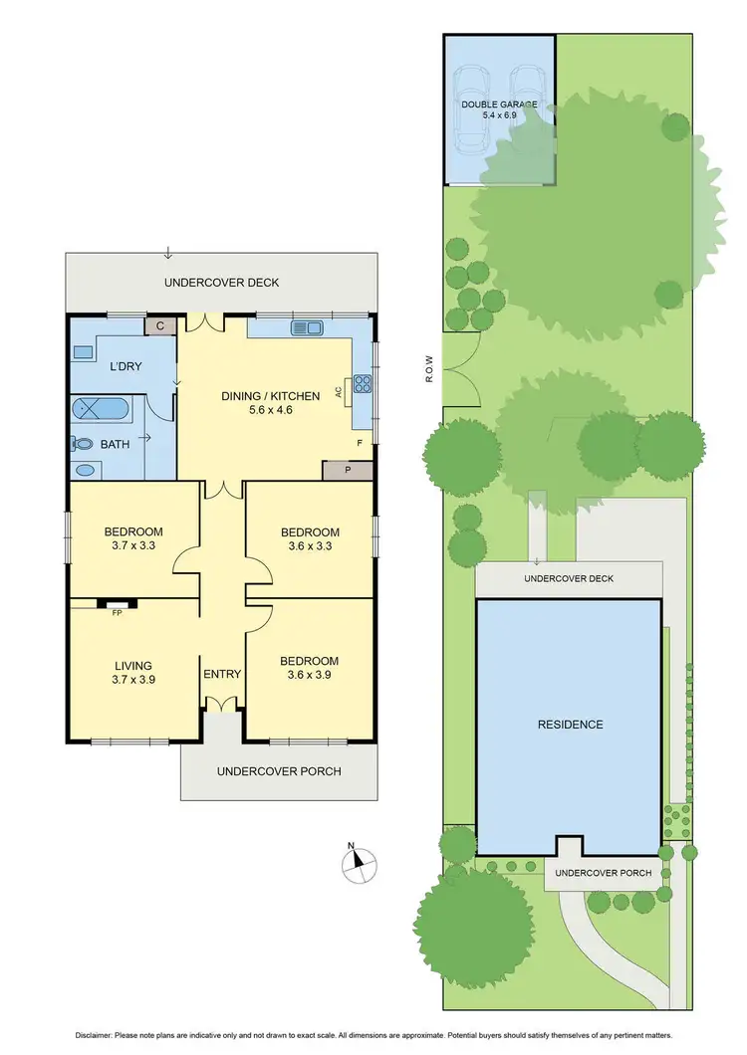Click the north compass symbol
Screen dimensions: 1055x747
pyautogui.click(x=360, y=863)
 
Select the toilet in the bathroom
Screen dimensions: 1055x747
pyautogui.click(x=82, y=444)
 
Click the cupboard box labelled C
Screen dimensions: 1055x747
pyautogui.click(x=160, y=324)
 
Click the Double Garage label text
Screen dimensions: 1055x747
pyautogui.click(x=499, y=105)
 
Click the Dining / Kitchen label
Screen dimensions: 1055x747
pyautogui.click(x=270, y=396)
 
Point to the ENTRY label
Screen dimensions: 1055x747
pyautogui.click(x=222, y=674)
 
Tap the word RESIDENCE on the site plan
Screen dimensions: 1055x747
pyautogui.click(x=569, y=725)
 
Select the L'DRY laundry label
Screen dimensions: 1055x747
pyautogui.click(x=125, y=366)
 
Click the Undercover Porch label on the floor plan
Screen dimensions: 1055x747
pyautogui.click(x=279, y=771)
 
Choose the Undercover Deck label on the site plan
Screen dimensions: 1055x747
pyautogui.click(x=569, y=578)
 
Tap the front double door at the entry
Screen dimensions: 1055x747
pyautogui.click(x=222, y=704)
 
